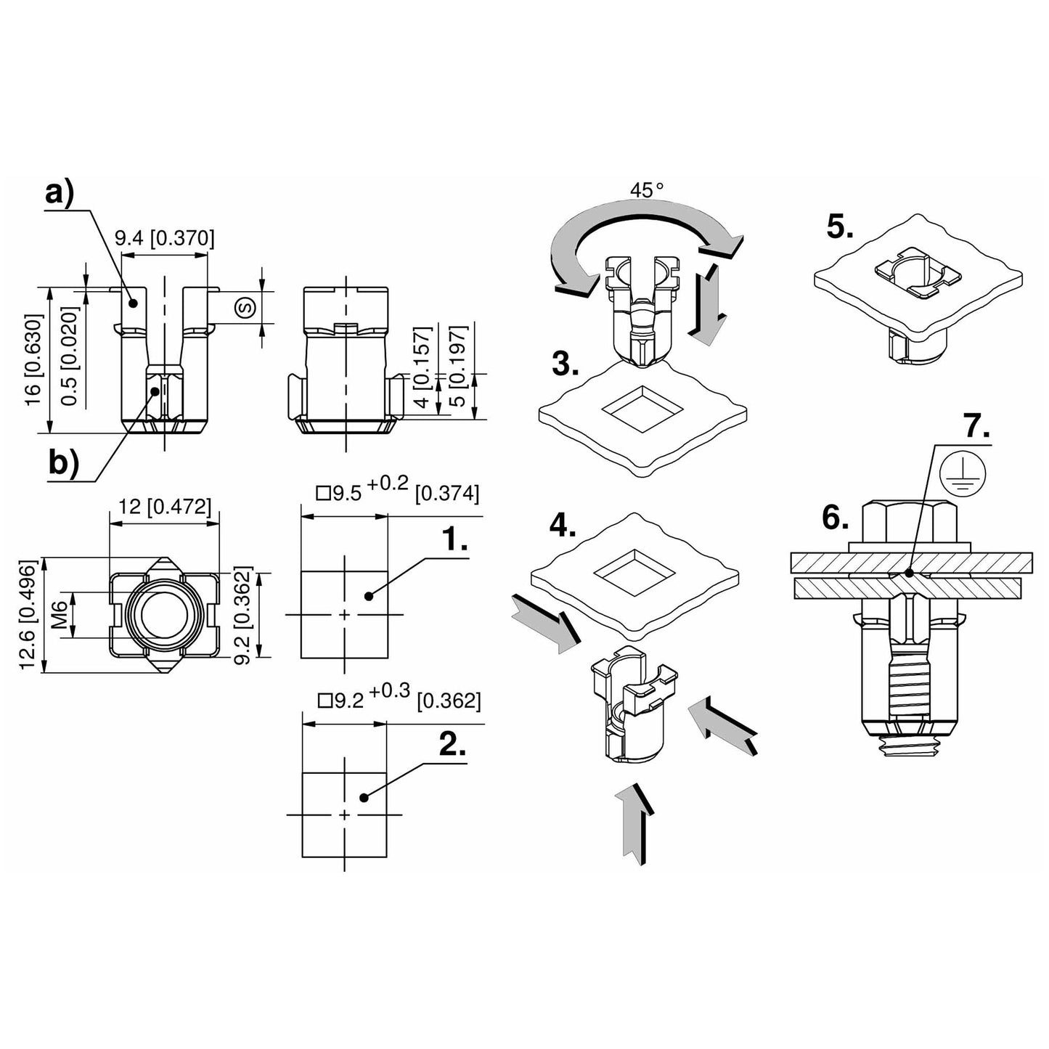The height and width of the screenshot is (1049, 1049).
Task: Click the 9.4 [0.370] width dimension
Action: point(165,238)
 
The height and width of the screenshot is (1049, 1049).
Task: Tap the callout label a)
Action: point(59,195)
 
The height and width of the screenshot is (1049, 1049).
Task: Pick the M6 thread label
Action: point(60,615)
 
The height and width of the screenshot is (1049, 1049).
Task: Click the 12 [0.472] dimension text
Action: point(164,506)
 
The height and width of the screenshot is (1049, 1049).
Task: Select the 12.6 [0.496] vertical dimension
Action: point(30,615)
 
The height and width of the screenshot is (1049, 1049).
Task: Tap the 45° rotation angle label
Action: point(647,191)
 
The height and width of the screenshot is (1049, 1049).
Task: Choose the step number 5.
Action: point(840,228)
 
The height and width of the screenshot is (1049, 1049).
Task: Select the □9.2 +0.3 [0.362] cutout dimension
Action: point(399,700)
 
